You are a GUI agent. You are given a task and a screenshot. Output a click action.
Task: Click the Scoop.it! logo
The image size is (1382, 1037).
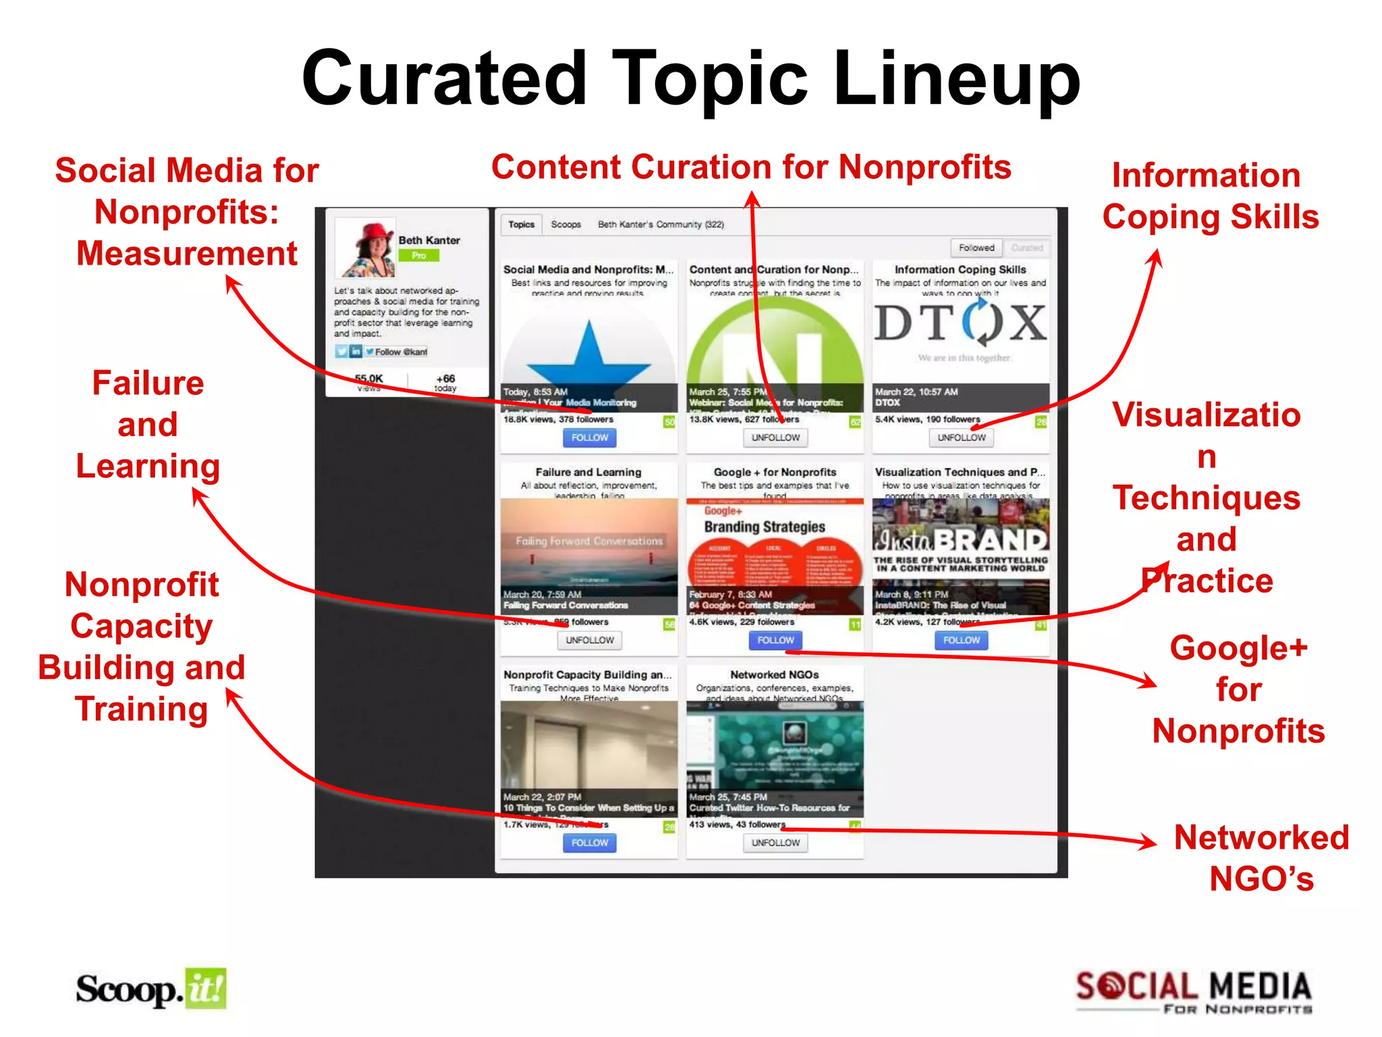tap(151, 990)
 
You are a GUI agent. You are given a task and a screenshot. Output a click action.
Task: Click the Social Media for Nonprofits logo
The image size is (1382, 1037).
tap(1193, 992)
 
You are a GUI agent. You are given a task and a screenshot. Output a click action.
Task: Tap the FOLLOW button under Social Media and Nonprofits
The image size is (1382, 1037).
tap(589, 437)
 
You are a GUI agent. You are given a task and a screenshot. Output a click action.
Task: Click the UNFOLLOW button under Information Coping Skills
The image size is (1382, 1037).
tap(961, 437)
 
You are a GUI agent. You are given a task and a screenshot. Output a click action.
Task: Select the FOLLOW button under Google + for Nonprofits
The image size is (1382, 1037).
tap(775, 640)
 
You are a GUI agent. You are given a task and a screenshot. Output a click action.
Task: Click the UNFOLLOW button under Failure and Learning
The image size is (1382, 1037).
tap(589, 640)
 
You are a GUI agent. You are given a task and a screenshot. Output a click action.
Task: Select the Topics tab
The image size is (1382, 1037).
tap(521, 224)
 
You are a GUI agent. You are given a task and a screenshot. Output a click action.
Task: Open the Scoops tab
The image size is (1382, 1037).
tap(565, 224)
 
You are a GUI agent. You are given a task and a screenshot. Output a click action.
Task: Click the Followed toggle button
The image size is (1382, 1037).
tap(976, 248)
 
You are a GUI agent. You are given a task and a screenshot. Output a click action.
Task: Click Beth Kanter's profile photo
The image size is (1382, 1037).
tap(365, 248)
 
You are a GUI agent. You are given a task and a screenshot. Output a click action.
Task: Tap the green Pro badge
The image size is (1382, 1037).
tap(418, 255)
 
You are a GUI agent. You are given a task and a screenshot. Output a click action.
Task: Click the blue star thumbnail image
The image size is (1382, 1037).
tap(589, 351)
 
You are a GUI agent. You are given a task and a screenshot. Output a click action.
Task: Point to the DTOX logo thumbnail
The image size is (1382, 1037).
tap(961, 324)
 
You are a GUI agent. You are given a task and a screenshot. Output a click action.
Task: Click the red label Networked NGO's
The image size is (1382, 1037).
tap(1261, 857)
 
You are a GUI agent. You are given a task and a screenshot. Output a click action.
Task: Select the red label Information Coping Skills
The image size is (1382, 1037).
tap(1209, 196)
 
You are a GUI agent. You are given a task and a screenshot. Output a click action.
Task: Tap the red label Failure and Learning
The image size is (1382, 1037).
tap(148, 424)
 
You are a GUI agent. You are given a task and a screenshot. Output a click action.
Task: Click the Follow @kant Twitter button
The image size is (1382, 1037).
tap(396, 352)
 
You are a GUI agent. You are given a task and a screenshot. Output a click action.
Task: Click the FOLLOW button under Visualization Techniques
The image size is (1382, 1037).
tap(961, 640)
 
